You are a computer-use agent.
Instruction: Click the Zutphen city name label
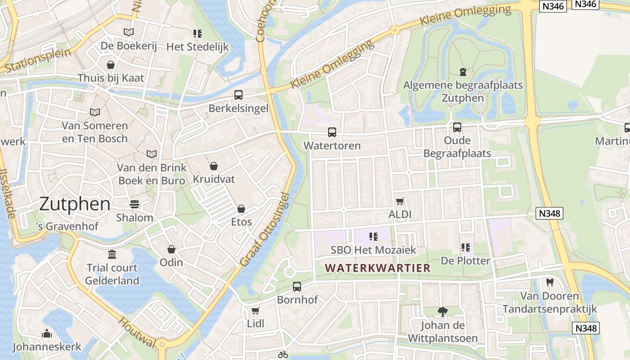[75, 204]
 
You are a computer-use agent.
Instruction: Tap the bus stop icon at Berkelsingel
[238, 95]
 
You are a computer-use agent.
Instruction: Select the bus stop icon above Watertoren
[332, 132]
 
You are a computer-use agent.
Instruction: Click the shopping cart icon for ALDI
[400, 201]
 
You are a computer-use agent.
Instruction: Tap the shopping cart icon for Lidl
[255, 310]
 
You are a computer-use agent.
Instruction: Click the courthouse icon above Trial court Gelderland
[112, 255]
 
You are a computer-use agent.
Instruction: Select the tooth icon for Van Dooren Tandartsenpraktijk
[549, 283]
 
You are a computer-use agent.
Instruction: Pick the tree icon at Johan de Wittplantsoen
[442, 311]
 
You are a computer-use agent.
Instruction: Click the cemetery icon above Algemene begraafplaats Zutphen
[463, 72]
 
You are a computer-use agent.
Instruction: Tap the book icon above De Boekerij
[129, 32]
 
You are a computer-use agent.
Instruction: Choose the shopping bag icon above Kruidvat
[214, 166]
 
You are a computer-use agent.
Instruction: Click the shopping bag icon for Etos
[241, 209]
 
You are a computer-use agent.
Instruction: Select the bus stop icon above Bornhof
[297, 286]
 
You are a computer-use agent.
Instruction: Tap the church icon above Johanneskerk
[46, 333]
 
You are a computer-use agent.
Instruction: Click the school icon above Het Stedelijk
[197, 33]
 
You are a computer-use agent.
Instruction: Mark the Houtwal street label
[137, 332]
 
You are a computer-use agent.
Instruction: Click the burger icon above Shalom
[134, 204]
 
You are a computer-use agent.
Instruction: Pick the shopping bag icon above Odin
[171, 249]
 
